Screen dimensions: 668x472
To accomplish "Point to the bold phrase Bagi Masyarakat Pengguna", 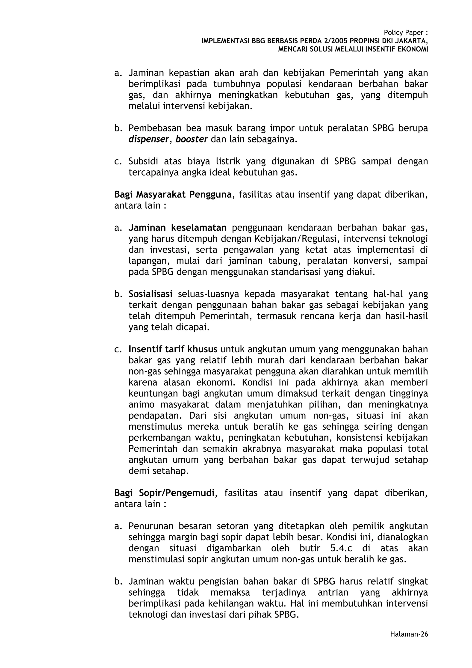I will coord(173,194).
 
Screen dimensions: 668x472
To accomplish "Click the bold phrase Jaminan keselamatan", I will coord(177,228).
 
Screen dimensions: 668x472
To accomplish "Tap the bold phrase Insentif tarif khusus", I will coord(173,349).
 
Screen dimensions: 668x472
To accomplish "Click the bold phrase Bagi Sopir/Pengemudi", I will coord(164,493).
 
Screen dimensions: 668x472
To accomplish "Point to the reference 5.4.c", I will coord(341,548).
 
